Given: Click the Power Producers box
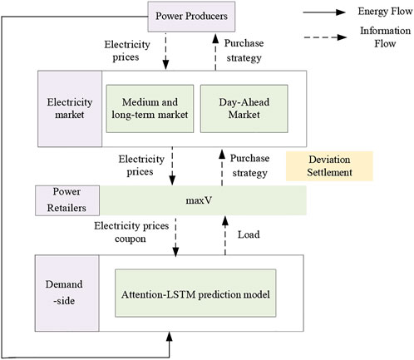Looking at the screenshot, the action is click(191, 17).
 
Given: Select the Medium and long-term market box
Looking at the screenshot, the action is click(150, 109).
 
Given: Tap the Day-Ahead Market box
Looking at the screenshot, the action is click(244, 109).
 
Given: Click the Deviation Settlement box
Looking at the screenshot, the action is click(329, 166).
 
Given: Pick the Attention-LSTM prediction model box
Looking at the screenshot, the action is click(195, 293).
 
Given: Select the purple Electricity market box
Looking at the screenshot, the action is click(70, 109).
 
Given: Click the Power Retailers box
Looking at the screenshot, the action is click(67, 200).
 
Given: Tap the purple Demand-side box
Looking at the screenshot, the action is click(67, 293).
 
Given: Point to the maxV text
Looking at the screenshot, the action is click(199, 200).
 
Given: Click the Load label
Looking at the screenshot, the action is click(249, 234).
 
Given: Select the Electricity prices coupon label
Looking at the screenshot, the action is click(131, 232).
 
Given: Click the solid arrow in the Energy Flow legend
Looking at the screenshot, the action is click(324, 12).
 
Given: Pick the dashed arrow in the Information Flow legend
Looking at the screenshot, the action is click(325, 37).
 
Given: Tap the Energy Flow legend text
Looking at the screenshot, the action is click(385, 12).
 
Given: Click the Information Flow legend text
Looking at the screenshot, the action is click(385, 37).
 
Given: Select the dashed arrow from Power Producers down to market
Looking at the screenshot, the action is click(165, 51).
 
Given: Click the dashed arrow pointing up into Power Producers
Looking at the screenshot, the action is click(215, 52).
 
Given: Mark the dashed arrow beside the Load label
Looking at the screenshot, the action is click(225, 235).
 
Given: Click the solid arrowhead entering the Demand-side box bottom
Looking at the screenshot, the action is click(170, 336).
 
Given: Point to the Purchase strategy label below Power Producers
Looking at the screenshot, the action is click(244, 51).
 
